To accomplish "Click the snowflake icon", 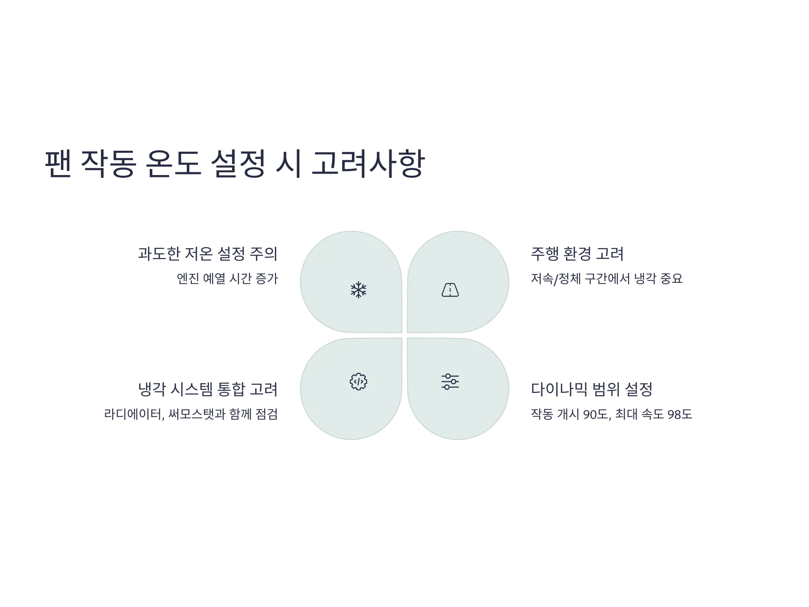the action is coord(358,290).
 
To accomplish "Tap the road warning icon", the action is coord(450,290).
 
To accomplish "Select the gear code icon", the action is coord(358,382).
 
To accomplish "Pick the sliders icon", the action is coord(450,382).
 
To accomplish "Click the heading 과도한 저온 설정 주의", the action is coord(208,254).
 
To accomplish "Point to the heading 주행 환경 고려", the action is coord(577,254).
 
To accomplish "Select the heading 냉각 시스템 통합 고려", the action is coord(208,389).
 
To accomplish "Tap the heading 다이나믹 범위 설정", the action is coord(591,389).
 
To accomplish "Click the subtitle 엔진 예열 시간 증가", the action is coord(227,279).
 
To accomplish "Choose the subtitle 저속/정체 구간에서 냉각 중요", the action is coord(606,279).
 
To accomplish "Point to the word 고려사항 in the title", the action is coord(368,164).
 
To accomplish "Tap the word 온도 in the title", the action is coord(173,164).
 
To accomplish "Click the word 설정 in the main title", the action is coord(238,164).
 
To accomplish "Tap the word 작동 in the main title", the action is coord(108,164).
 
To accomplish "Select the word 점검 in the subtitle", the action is coord(267,414).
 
